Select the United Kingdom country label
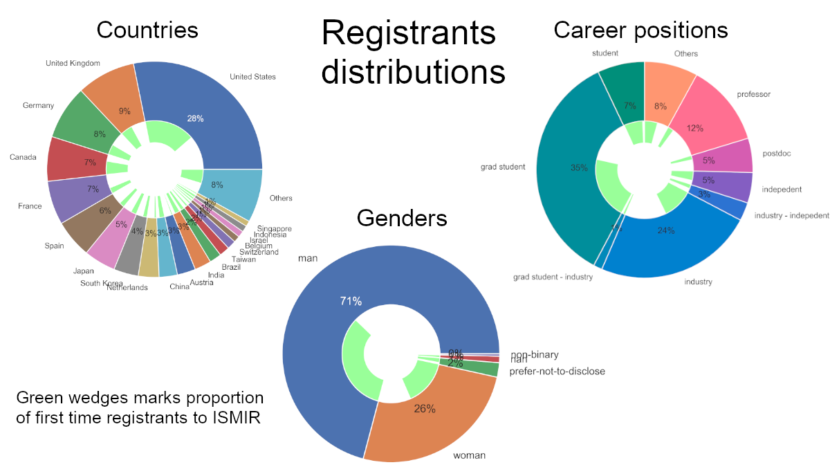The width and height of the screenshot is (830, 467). [x=73, y=64]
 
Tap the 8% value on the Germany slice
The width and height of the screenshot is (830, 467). [x=100, y=134]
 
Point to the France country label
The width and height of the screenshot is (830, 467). [x=30, y=206]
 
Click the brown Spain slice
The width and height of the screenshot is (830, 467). [x=86, y=225]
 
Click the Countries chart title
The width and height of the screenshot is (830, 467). [x=147, y=30]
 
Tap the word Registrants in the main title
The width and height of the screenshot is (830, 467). [x=409, y=33]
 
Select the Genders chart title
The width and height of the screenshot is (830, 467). [x=402, y=218]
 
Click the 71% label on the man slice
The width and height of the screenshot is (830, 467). [x=351, y=301]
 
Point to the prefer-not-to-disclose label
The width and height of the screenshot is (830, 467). [x=557, y=372]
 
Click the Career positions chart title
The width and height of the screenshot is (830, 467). [x=640, y=30]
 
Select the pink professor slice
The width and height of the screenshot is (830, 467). [x=712, y=118]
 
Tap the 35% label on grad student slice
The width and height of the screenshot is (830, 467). [x=579, y=167]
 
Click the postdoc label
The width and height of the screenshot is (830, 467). [x=776, y=153]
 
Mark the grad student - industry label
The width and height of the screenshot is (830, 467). [x=553, y=277]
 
